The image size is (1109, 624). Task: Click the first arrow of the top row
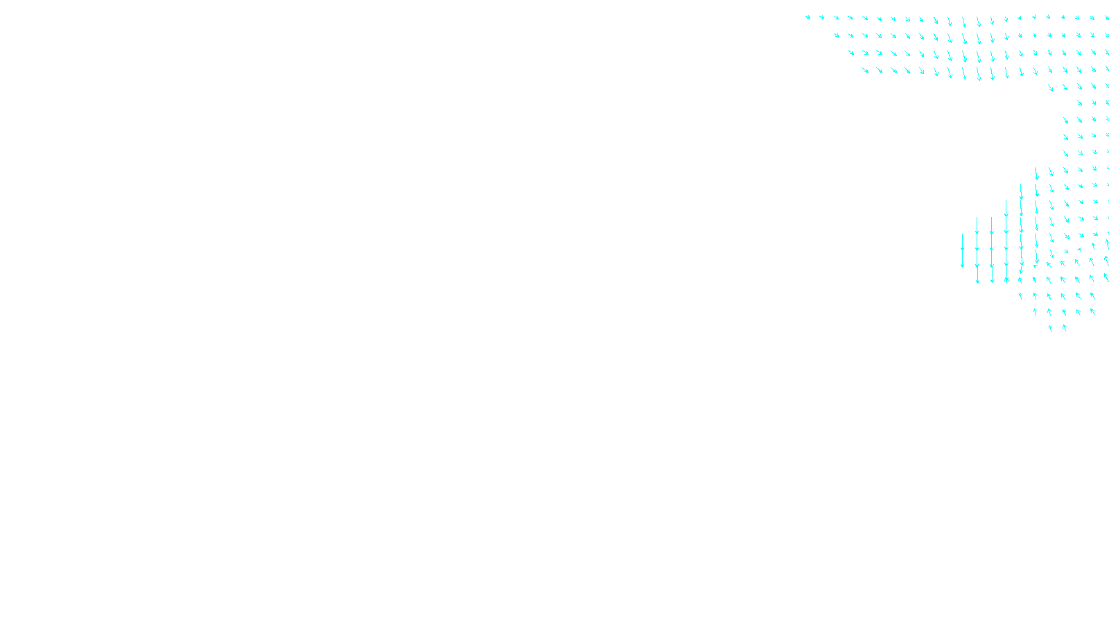[x=807, y=17]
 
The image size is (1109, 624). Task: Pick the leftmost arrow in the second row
[x=837, y=35]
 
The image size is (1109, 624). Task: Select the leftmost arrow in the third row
[x=851, y=52]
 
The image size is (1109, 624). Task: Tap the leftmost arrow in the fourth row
[x=865, y=69]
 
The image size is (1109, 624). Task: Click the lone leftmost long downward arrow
[x=962, y=250]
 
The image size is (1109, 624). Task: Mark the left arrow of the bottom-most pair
[x=1050, y=329]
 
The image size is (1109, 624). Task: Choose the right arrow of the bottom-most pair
[x=1065, y=328]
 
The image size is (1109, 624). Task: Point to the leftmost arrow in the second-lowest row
[x=1036, y=312]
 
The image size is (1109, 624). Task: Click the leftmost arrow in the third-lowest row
[x=1020, y=295]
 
